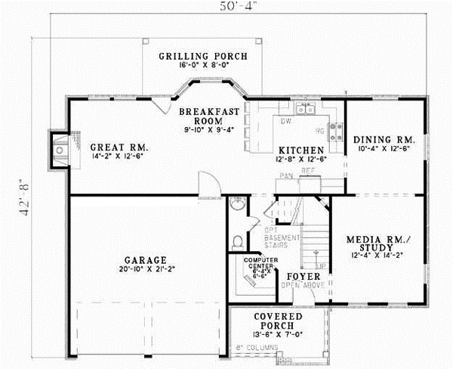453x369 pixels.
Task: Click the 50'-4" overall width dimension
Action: (x=228, y=10)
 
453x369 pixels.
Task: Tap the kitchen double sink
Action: (x=306, y=110)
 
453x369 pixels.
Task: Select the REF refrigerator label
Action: (x=307, y=172)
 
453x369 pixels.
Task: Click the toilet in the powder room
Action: (x=237, y=242)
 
